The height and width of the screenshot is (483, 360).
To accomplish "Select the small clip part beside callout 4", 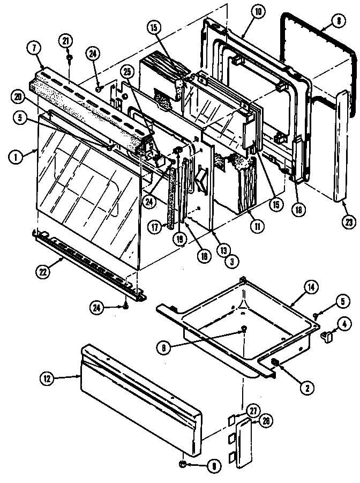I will [x=326, y=336].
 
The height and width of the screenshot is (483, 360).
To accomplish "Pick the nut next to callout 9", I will [x=183, y=464].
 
